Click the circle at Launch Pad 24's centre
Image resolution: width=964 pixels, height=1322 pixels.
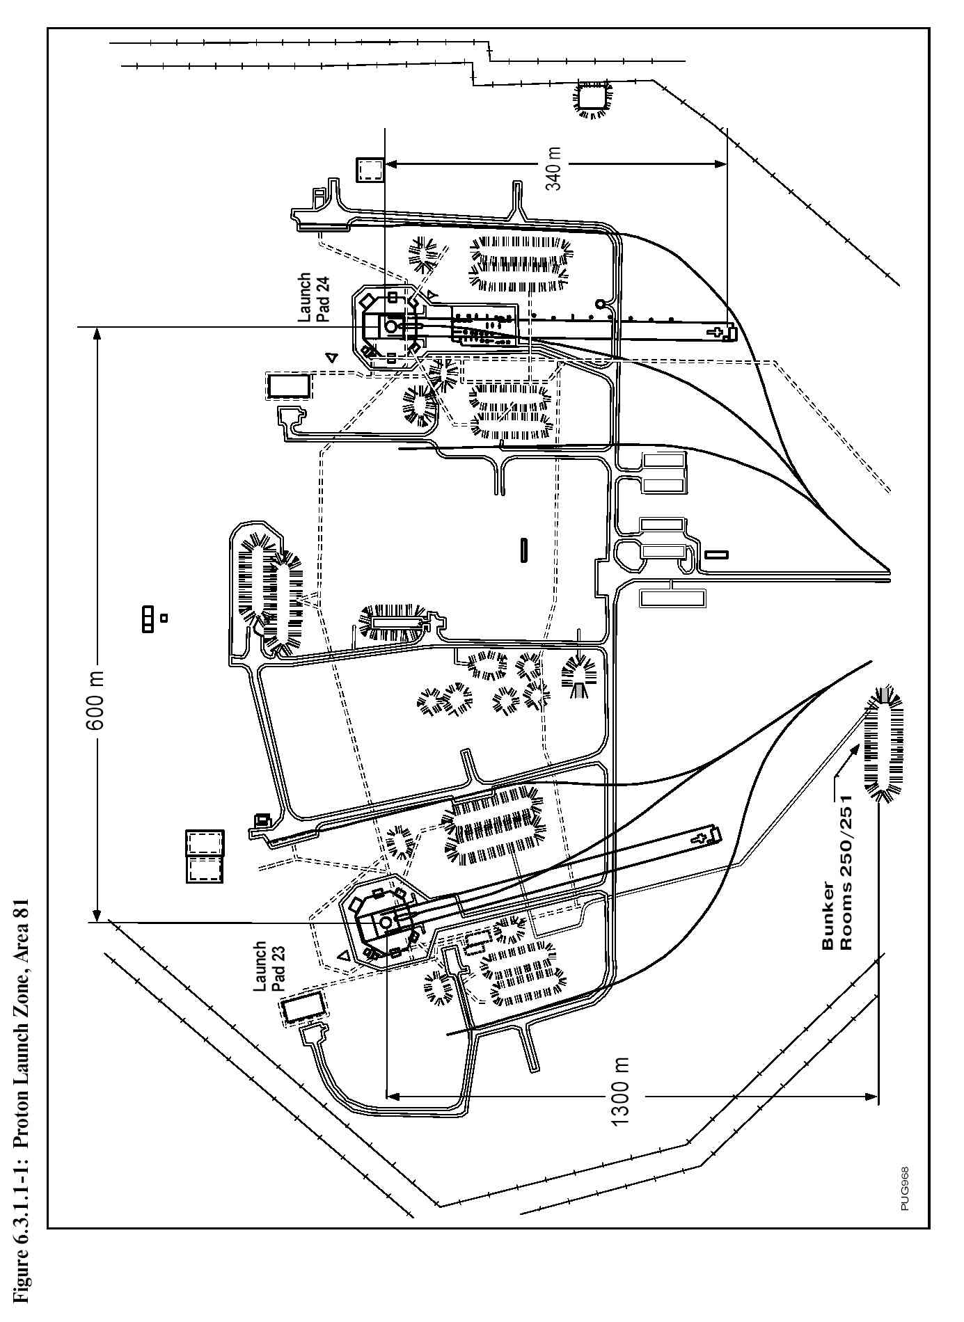(x=391, y=326)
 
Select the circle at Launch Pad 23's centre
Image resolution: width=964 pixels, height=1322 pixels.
(x=386, y=922)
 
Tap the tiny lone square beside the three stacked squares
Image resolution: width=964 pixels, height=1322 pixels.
(x=164, y=617)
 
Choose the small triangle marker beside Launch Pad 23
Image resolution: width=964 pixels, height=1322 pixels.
(x=343, y=955)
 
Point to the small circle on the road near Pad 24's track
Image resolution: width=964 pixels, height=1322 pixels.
(x=601, y=303)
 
